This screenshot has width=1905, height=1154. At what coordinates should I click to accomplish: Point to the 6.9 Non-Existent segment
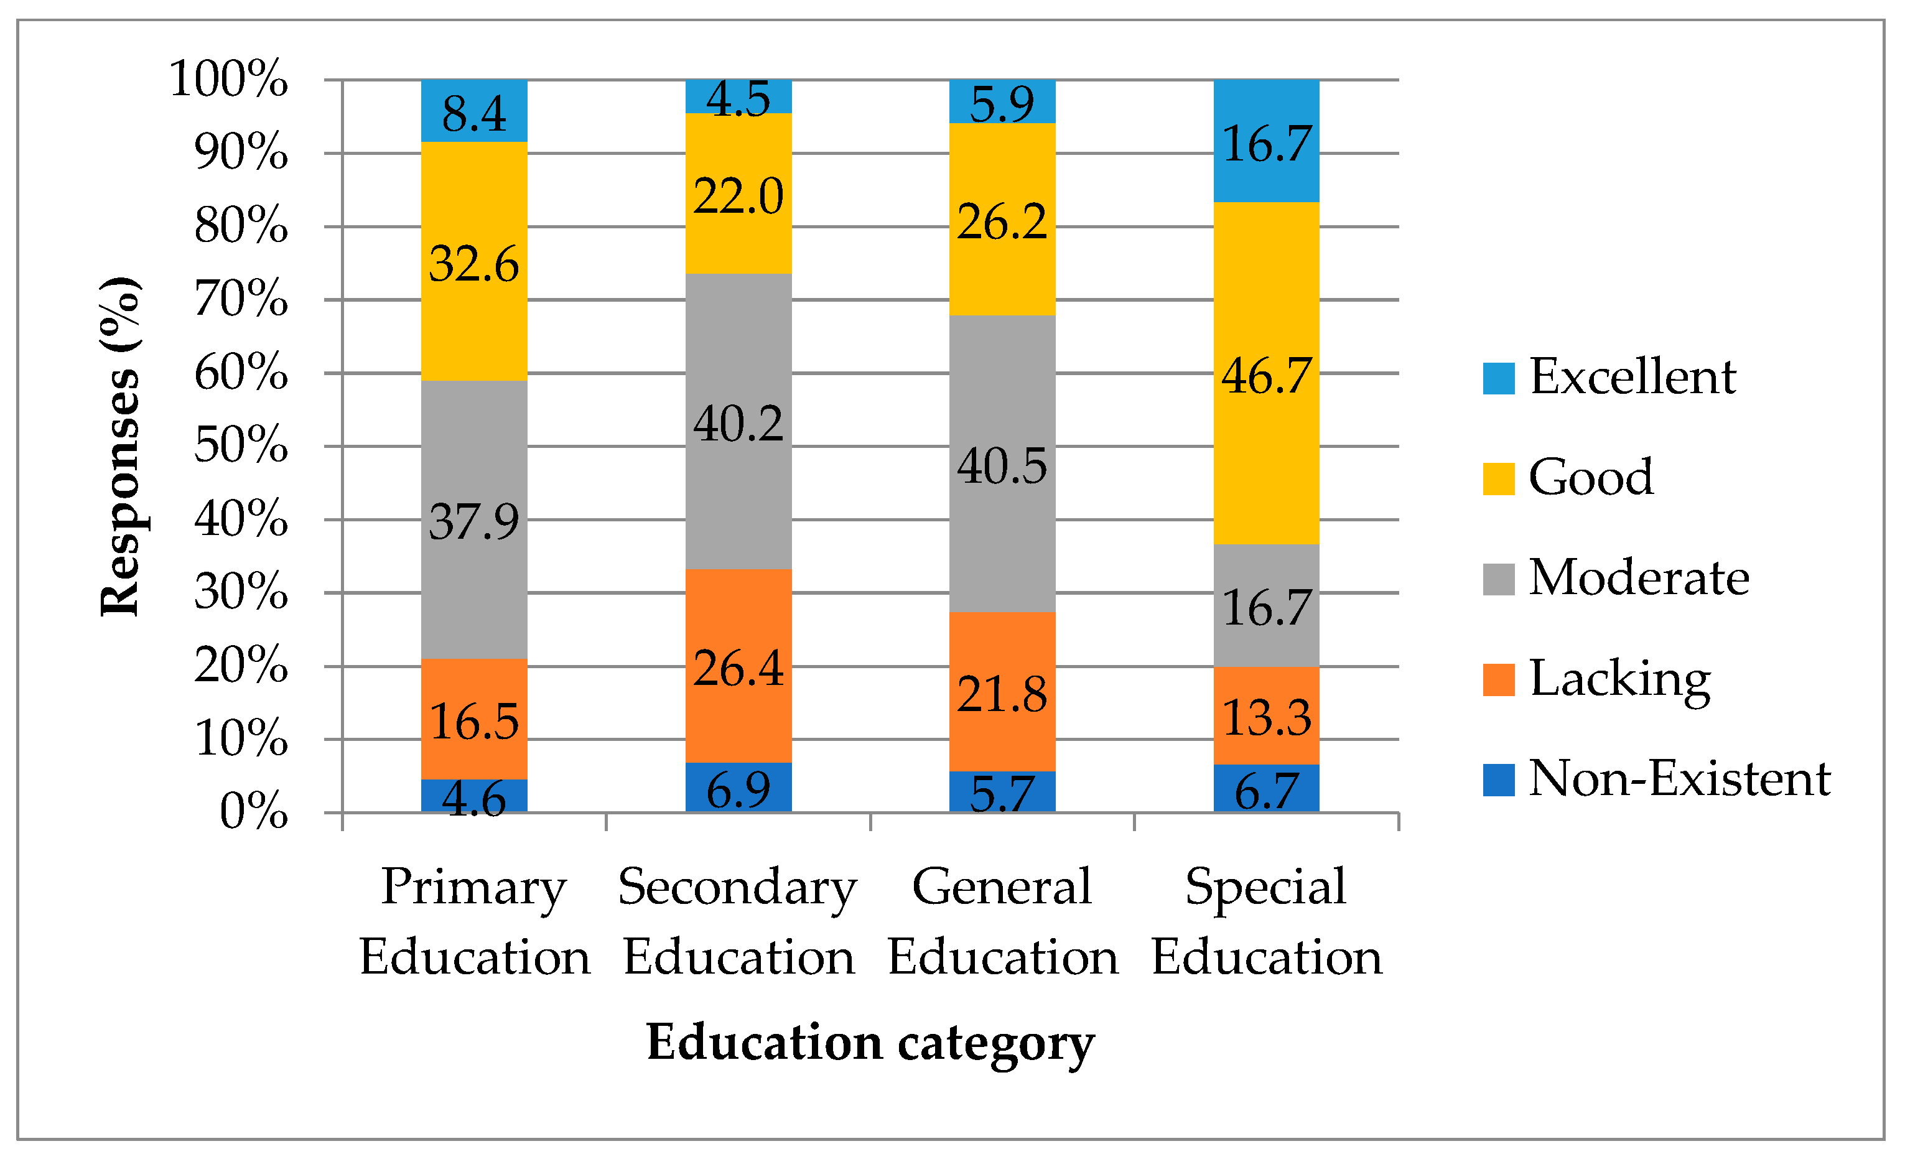[x=738, y=788]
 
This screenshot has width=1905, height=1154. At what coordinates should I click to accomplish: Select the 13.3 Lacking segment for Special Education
[x=1267, y=717]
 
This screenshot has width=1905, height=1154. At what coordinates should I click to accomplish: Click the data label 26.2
[x=1002, y=223]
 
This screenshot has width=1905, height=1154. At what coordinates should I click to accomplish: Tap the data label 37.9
[x=474, y=522]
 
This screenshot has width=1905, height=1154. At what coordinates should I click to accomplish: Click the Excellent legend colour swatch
[x=1498, y=378]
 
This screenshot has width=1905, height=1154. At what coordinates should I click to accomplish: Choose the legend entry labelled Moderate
[x=1639, y=578]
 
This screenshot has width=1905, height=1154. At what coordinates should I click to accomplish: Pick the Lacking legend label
[x=1619, y=679]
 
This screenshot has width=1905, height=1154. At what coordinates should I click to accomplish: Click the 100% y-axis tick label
[x=229, y=79]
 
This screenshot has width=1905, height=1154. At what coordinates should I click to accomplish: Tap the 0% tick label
[x=254, y=812]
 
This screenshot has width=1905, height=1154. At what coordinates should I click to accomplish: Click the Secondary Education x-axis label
[x=738, y=921]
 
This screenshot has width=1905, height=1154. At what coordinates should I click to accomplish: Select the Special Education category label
[x=1267, y=921]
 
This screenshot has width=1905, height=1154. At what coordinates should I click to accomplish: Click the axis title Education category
[x=870, y=1043]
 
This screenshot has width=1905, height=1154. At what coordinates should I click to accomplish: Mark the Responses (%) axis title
[x=121, y=446]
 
